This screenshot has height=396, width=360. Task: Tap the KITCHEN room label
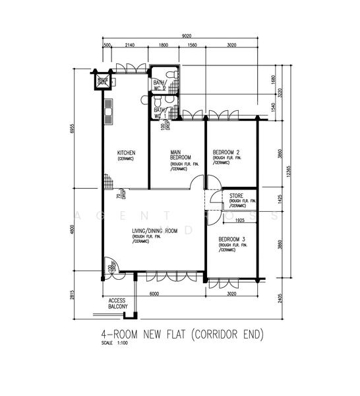click(126, 152)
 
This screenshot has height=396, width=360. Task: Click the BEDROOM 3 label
click(231, 238)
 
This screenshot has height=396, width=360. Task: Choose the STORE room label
click(236, 195)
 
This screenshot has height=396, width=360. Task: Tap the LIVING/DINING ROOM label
click(155, 231)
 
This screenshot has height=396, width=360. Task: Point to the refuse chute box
click(103, 82)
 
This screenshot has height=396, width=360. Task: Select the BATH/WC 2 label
click(159, 85)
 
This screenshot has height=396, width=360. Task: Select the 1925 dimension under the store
click(239, 220)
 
